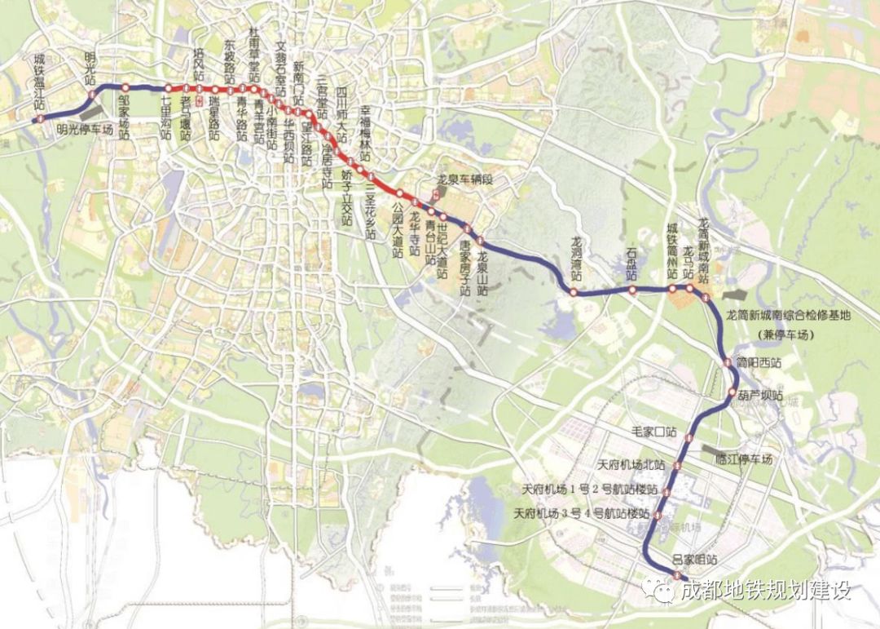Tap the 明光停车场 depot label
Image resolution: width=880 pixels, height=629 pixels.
(84, 128)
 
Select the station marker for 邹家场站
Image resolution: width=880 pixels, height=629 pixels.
(125, 88)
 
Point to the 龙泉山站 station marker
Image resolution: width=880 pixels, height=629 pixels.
(481, 241)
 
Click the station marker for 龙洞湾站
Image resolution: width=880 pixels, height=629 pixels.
(574, 292)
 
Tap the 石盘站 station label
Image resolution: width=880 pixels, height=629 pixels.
(631, 262)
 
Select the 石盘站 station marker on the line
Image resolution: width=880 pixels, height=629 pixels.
(632, 290)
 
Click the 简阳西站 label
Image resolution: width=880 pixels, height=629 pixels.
(759, 362)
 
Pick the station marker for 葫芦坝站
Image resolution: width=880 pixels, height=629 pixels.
(732, 395)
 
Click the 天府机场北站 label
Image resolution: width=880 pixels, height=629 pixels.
(630, 464)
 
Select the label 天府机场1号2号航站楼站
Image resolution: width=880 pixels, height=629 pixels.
(590, 491)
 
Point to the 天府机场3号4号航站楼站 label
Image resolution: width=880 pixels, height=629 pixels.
(583, 515)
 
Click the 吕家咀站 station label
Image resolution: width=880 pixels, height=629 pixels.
(694, 560)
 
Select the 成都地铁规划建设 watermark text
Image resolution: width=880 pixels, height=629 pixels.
(765, 590)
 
